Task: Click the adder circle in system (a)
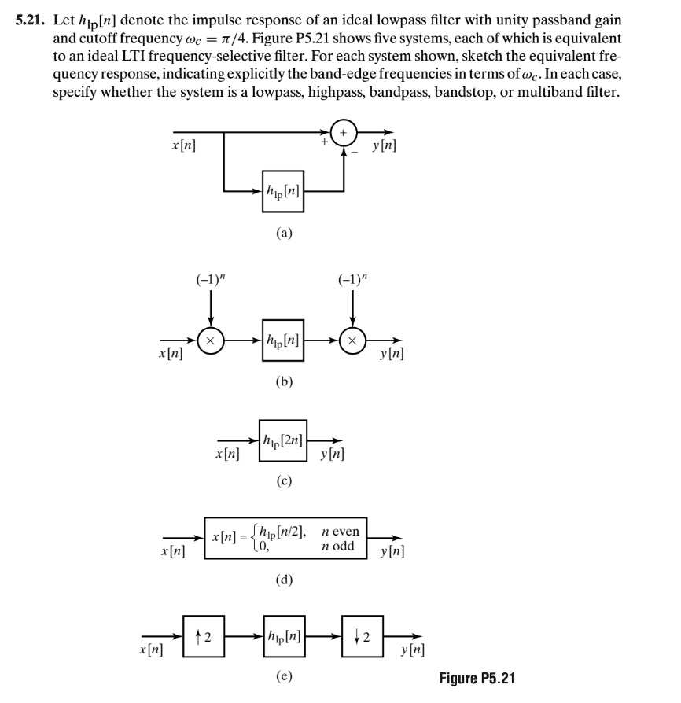[344, 132]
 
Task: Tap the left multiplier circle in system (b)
[211, 340]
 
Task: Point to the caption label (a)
[284, 234]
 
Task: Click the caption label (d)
[284, 580]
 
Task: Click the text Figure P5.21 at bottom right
[479, 678]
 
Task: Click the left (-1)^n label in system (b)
[210, 278]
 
